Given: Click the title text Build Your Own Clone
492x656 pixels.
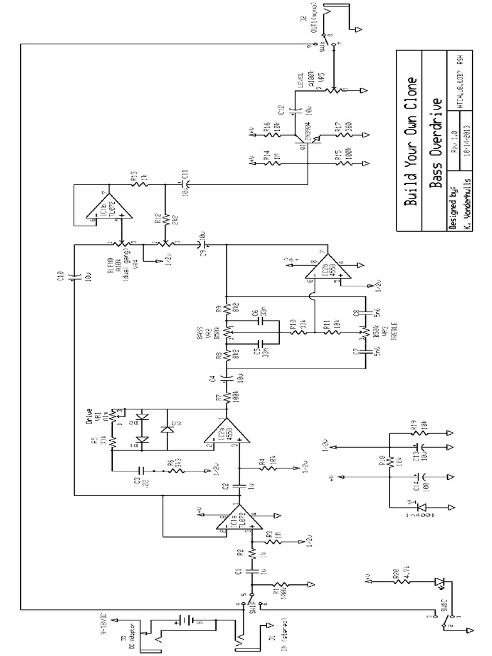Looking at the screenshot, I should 413,141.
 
